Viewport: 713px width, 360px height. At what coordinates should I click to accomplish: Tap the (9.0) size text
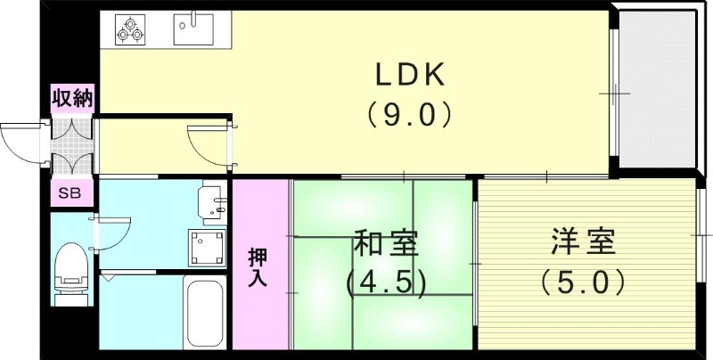pos(409,116)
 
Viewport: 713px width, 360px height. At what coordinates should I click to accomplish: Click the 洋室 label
pos(585,242)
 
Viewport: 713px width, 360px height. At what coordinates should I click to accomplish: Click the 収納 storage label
pos(71,98)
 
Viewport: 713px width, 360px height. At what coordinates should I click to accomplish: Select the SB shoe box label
pos(69,193)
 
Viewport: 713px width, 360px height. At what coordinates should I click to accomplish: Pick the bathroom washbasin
pos(211,201)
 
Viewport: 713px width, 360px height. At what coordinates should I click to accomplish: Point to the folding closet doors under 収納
pos(71,143)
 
